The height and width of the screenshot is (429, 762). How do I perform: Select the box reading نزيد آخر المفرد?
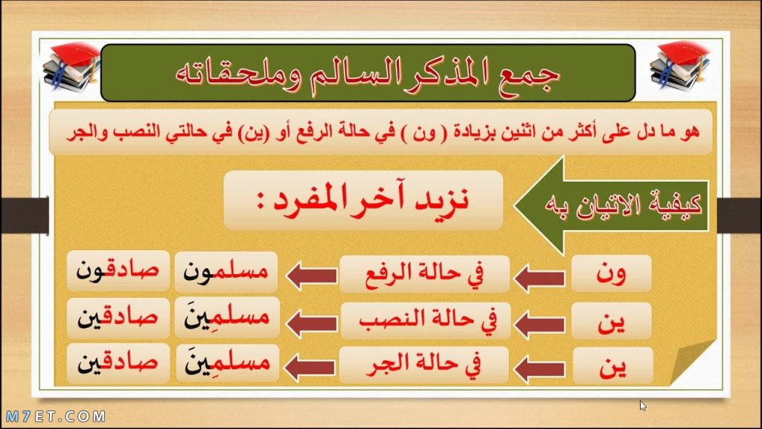(363, 200)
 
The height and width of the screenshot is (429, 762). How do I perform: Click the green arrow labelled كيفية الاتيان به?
(611, 206)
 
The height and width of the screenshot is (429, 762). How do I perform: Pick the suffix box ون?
(612, 273)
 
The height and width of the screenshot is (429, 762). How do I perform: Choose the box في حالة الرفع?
(424, 274)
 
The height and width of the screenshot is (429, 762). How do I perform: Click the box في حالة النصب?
(426, 320)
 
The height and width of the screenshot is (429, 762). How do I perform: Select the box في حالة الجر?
(423, 366)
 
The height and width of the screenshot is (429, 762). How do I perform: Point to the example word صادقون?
(118, 271)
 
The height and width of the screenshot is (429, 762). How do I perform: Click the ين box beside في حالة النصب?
(612, 321)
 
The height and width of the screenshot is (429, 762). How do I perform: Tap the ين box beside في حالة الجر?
(613, 366)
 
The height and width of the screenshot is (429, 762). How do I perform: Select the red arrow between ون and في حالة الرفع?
(540, 278)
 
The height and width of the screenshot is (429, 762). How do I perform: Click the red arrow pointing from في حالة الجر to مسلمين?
(310, 367)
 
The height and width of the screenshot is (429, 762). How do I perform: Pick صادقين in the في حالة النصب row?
(118, 317)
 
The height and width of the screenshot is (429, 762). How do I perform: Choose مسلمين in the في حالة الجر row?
(228, 363)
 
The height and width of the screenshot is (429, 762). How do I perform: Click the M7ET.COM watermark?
(55, 416)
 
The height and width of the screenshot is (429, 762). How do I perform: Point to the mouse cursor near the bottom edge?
(642, 406)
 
